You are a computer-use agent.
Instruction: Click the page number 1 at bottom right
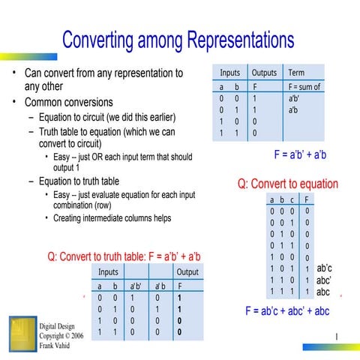pyautogui.click(x=338, y=336)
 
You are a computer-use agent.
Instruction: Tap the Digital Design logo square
pyautogui.click(x=22, y=331)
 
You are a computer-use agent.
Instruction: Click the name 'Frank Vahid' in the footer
pyautogui.click(x=58, y=346)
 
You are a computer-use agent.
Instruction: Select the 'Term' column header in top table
pyautogui.click(x=296, y=73)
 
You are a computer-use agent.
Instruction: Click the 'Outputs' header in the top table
pyautogui.click(x=264, y=73)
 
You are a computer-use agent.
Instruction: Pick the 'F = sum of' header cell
pyautogui.click(x=304, y=86)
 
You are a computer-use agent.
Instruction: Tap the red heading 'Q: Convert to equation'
pyautogui.click(x=287, y=184)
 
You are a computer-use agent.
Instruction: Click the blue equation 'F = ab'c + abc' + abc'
pyautogui.click(x=287, y=311)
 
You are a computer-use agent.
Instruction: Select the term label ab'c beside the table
pyautogui.click(x=324, y=267)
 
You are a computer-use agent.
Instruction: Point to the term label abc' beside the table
pyautogui.click(x=324, y=279)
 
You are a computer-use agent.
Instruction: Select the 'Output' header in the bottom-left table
pyautogui.click(x=187, y=271)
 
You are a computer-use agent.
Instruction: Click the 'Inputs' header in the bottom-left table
pyautogui.click(x=108, y=271)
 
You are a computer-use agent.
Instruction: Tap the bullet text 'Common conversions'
pyautogui.click(x=68, y=102)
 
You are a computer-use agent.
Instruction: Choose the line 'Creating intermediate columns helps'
pyautogui.click(x=112, y=218)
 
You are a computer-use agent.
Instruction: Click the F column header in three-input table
pyautogui.click(x=307, y=200)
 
